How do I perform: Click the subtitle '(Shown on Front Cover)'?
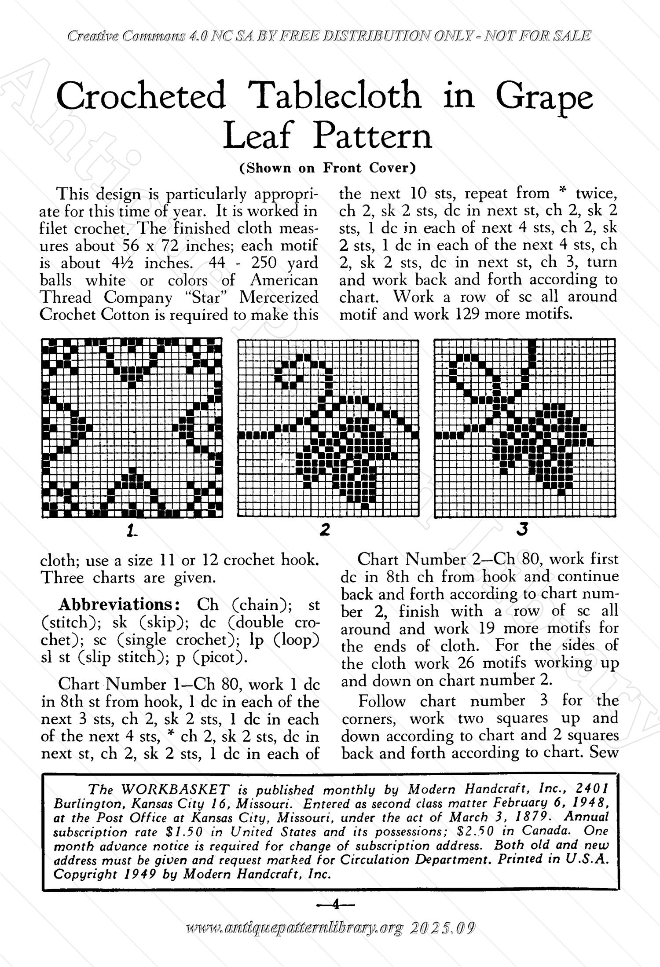(327, 168)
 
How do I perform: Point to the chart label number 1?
(131, 531)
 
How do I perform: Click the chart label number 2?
(325, 530)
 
